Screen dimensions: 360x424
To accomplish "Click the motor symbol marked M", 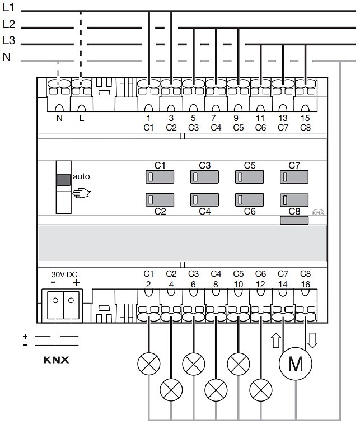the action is coord(296,364).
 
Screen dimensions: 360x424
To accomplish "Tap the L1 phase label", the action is coord(8,8).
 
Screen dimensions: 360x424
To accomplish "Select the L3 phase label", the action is coord(8,40).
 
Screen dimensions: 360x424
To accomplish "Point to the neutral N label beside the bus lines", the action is coord(7,57).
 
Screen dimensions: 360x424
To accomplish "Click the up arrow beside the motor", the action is coord(276,340).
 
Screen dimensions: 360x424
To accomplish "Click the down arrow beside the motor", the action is coord(312,340).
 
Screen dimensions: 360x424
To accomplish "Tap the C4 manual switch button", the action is coord(204,200).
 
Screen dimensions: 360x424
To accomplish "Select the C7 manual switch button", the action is coord(294,177).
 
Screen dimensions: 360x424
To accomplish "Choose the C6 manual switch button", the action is coord(250,200).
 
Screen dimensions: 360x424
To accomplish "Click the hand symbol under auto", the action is coord(81,193).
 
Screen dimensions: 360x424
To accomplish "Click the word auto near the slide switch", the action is coord(81,176).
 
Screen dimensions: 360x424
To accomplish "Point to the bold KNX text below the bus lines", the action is coord(56,360).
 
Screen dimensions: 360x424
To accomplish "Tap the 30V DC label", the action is coord(64,274).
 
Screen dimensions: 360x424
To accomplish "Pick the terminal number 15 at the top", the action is coord(305,118).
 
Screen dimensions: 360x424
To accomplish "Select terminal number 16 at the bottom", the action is coord(305,284).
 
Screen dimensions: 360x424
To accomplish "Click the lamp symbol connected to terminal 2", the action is coord(149,364).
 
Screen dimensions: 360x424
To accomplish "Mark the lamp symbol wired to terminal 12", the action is coord(261,390).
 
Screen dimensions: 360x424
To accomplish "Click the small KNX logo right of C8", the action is coord(318,212).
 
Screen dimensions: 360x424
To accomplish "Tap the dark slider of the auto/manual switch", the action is coord(63,180).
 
